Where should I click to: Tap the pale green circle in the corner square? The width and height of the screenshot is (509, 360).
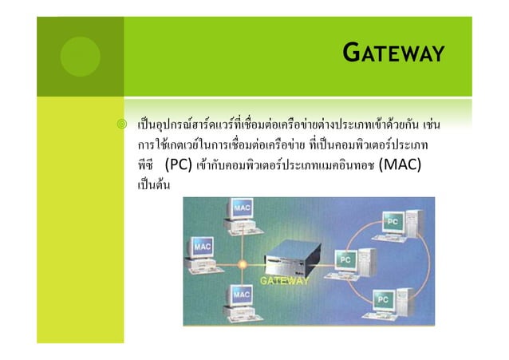(x=81, y=57)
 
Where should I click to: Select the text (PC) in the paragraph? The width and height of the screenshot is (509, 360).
(x=183, y=167)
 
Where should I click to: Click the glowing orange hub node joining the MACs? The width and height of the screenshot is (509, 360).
(x=240, y=263)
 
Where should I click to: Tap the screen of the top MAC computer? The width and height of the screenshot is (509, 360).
(x=244, y=209)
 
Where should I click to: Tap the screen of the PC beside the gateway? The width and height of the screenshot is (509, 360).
(x=348, y=260)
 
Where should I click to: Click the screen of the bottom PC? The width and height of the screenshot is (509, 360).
(x=384, y=299)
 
